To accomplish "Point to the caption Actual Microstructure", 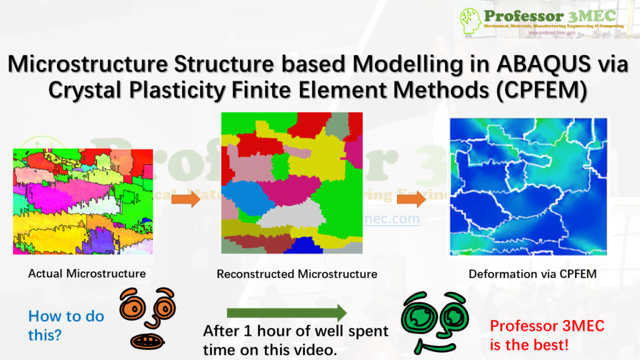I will pos(87,273).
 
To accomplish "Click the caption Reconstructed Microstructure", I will pos(297,274).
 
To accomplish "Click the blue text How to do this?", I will pos(66,325).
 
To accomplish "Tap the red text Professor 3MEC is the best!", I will pos(540,334).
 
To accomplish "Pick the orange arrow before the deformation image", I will pos(410,199).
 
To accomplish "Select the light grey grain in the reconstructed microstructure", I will pos(285,216).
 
